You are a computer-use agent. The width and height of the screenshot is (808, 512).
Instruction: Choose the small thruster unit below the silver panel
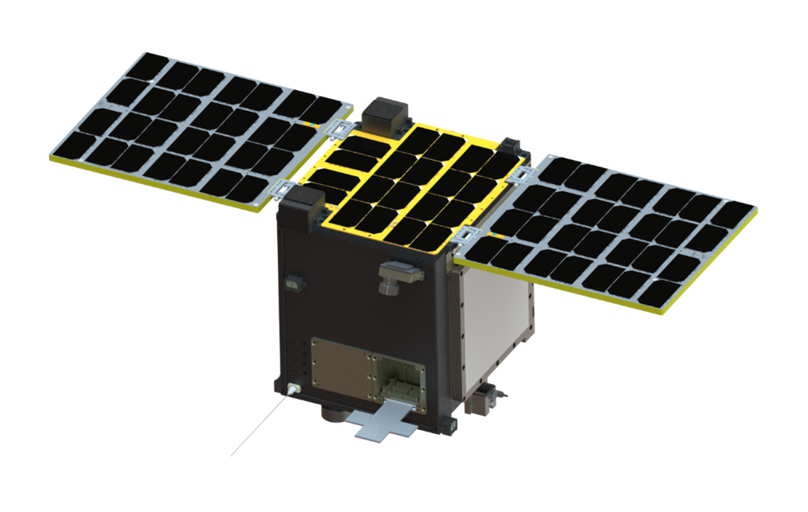click(484, 399)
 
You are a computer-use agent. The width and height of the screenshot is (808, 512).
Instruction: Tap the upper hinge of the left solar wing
click(342, 129)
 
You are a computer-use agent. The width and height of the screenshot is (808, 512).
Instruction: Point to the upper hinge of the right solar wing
click(524, 175)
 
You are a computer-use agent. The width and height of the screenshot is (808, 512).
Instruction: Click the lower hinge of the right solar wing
click(467, 235)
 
